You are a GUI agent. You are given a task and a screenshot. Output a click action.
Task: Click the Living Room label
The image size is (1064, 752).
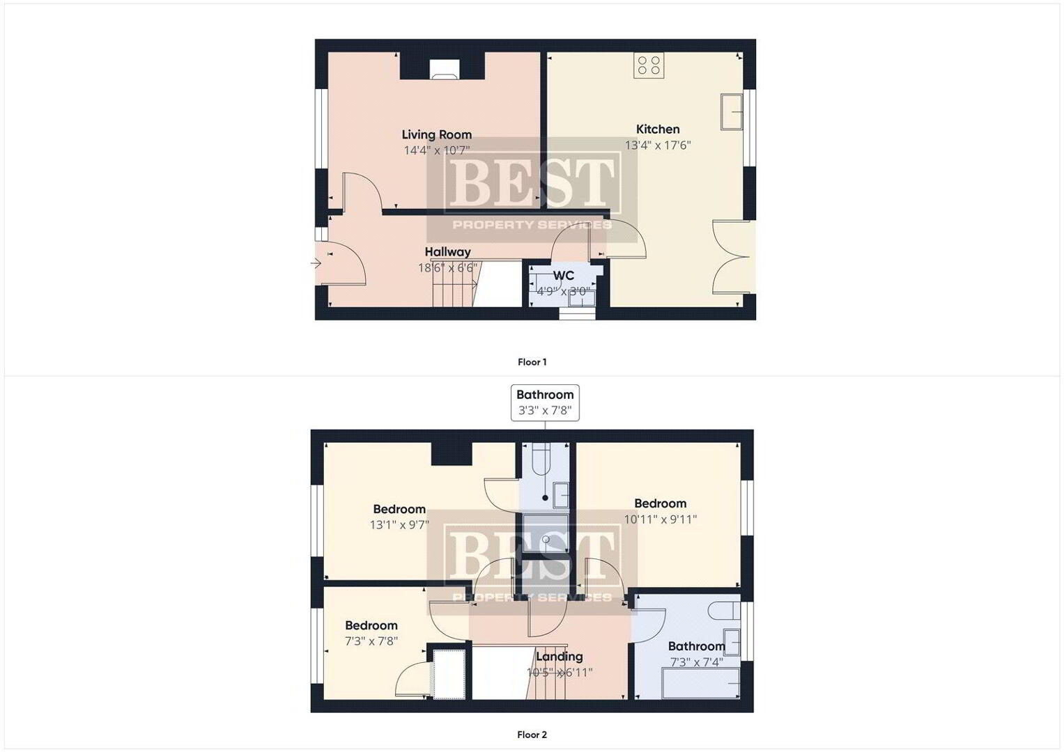tap(436, 135)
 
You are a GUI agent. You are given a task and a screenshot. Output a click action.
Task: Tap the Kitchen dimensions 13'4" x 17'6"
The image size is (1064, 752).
tap(657, 146)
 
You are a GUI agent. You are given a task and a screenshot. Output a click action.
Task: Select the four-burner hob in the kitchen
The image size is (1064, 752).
tap(649, 65)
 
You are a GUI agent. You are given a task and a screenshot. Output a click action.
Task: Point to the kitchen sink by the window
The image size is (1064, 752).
tap(732, 111)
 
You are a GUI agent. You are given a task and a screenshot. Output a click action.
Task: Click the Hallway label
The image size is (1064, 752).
tap(447, 252)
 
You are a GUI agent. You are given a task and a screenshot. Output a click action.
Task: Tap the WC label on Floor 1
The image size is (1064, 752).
tap(563, 275)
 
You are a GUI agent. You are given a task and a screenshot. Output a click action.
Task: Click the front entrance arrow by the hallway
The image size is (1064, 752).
tap(316, 263)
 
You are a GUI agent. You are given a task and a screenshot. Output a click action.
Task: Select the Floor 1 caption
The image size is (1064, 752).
tap(532, 362)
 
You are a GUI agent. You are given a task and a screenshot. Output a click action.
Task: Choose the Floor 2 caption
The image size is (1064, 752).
tap(532, 735)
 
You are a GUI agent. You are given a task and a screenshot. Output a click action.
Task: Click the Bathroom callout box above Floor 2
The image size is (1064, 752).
tap(545, 402)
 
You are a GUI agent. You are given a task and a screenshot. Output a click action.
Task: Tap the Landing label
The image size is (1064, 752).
tap(560, 657)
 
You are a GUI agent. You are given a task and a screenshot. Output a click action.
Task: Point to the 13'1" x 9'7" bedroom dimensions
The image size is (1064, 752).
tap(399, 524)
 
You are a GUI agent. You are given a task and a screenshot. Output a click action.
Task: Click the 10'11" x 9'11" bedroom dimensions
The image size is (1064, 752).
tap(661, 519)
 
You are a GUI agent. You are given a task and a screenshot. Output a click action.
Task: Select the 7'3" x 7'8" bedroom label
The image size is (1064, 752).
tap(371, 626)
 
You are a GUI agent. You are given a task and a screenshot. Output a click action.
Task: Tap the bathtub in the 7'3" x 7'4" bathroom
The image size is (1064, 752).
tap(701, 683)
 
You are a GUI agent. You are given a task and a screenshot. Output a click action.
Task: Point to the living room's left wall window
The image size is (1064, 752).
tap(322, 128)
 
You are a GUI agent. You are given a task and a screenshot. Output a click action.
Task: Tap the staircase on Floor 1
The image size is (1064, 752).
tap(455, 283)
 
